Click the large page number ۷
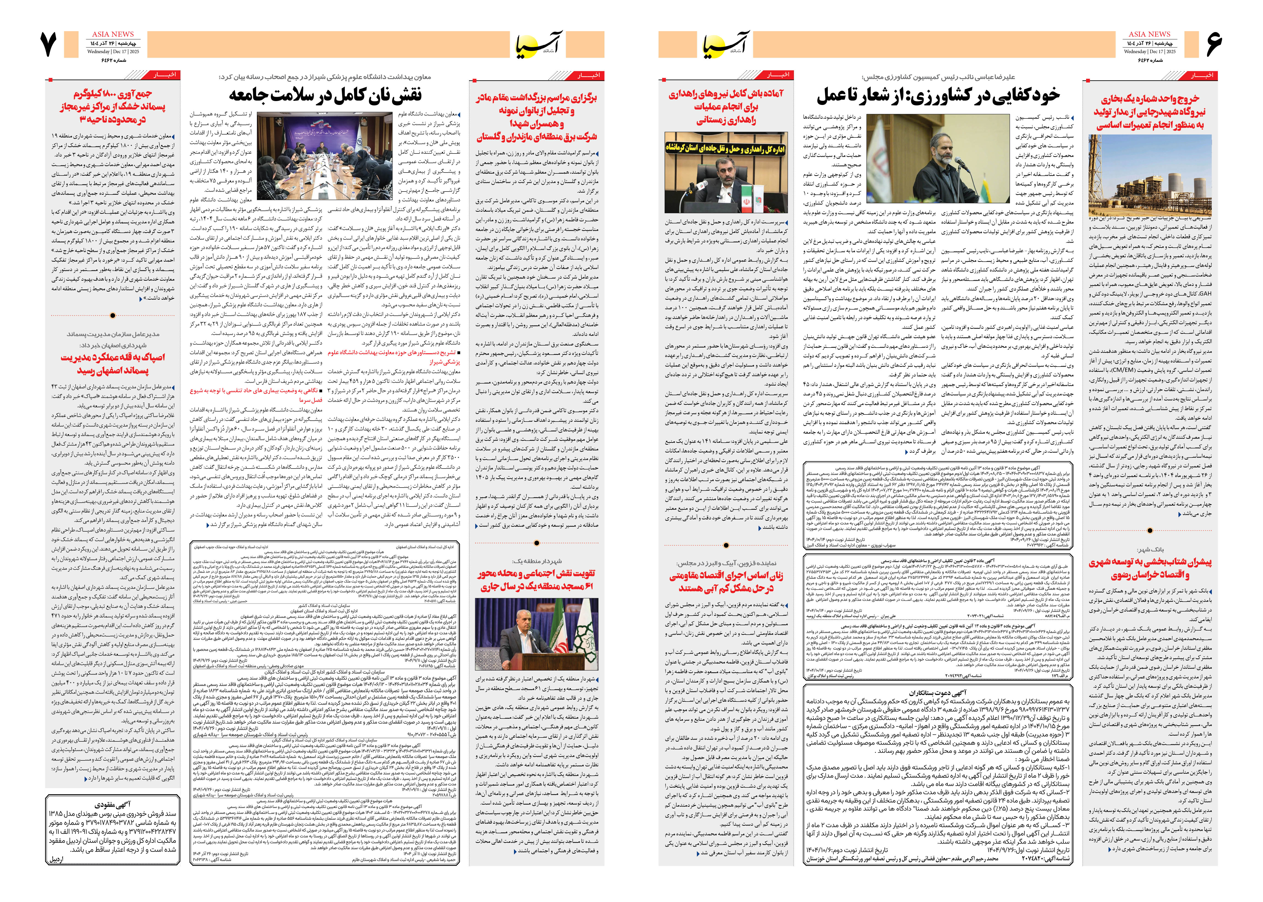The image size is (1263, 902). tap(49, 44)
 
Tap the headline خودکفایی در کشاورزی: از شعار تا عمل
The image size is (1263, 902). tap(938, 96)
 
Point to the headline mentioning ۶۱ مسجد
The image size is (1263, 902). tap(537, 579)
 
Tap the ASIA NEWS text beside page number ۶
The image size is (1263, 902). tap(1149, 34)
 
